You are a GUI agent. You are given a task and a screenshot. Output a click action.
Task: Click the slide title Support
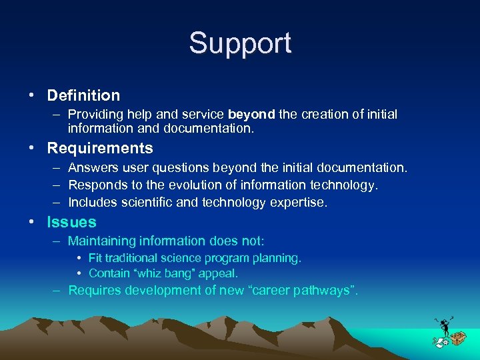pyautogui.click(x=240, y=43)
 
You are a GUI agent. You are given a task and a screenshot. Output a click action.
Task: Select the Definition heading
pyautogui.click(x=83, y=96)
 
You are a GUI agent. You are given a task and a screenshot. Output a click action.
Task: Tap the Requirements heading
pyautogui.click(x=100, y=148)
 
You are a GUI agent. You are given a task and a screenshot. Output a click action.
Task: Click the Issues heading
pyautogui.click(x=71, y=222)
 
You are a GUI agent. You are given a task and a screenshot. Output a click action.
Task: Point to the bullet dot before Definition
pyautogui.click(x=31, y=96)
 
